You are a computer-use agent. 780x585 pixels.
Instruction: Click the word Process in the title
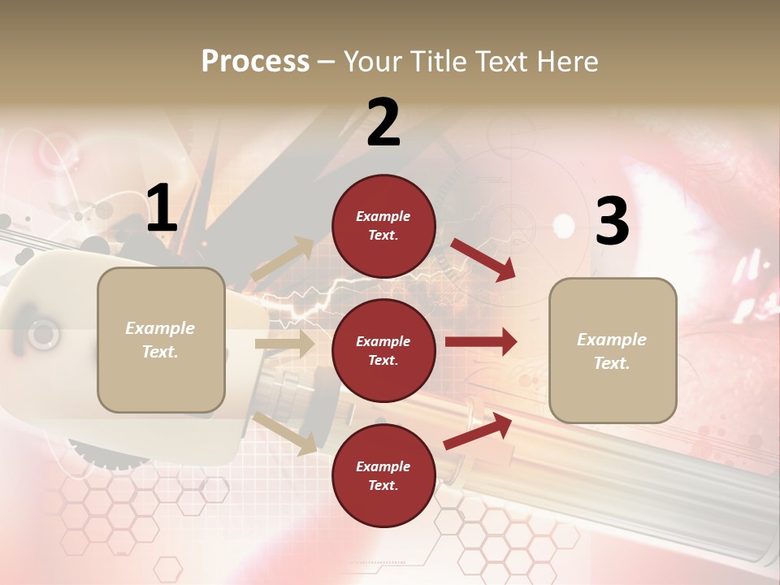(x=255, y=62)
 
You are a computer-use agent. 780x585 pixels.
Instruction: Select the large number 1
(x=162, y=209)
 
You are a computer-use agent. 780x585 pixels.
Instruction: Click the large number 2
(x=383, y=123)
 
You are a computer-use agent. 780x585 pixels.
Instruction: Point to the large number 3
(x=612, y=222)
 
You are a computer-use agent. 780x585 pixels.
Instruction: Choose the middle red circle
(x=383, y=350)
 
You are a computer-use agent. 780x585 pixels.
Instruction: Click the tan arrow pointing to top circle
(x=284, y=259)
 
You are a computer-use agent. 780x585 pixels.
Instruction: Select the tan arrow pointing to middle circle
(x=284, y=344)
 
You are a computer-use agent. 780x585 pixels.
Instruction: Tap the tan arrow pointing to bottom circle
(x=285, y=433)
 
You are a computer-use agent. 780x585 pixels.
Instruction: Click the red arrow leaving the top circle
(x=483, y=259)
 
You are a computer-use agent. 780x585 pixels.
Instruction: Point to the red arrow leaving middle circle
(x=480, y=342)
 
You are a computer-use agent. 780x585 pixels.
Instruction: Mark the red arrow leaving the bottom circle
(x=478, y=431)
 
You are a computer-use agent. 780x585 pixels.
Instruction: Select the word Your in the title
(x=372, y=62)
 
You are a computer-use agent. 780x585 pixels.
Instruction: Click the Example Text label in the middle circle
(x=383, y=350)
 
